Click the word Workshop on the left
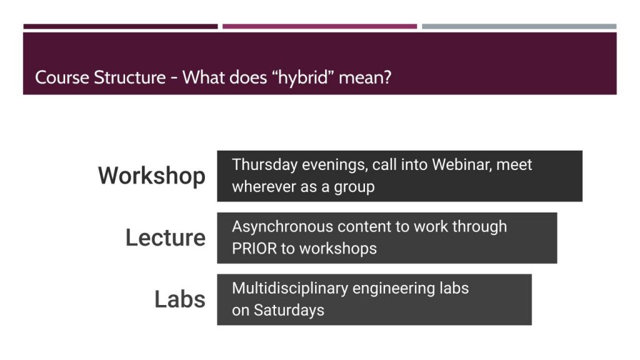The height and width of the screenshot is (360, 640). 152,176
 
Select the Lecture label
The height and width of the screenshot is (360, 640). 165,237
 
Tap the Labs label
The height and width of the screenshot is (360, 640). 180,299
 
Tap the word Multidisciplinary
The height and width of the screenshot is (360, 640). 289,289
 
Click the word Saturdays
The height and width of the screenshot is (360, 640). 289,310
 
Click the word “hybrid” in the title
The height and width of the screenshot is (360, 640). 302,77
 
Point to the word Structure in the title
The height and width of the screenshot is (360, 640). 130,77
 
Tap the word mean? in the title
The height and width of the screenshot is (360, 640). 365,77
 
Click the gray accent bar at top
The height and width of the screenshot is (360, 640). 519,26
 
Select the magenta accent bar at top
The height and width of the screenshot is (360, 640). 319,26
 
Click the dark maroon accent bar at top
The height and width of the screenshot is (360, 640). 121,26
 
